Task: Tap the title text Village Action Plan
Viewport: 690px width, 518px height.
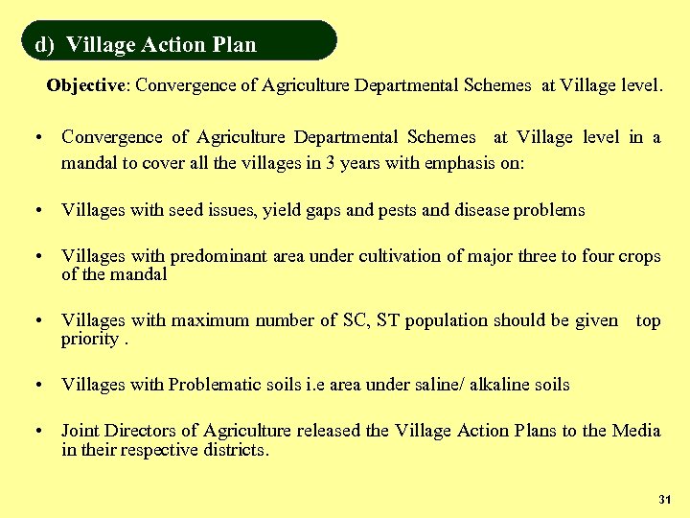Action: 162,45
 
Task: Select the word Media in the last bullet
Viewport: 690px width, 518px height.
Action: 636,431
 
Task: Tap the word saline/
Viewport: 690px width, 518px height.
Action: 438,385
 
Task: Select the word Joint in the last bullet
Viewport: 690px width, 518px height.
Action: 80,431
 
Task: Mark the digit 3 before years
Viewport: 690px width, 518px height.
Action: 330,163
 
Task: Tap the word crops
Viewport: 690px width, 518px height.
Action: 638,256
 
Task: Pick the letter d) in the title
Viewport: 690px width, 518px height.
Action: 44,45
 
